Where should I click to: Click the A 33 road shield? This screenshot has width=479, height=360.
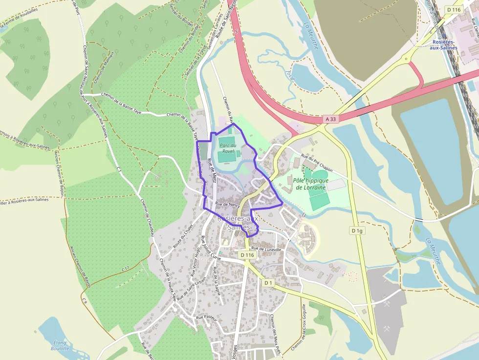point(330,119)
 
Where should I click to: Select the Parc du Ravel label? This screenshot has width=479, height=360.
point(228,148)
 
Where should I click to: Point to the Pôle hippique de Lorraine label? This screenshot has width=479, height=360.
point(311,184)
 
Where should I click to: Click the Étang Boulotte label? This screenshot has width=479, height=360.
point(61,345)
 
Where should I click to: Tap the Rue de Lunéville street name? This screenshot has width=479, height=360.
point(267,249)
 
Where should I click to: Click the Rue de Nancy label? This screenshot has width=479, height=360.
point(226,205)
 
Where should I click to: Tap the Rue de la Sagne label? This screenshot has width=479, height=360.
point(218,281)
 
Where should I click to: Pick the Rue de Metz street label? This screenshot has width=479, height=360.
point(212,171)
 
